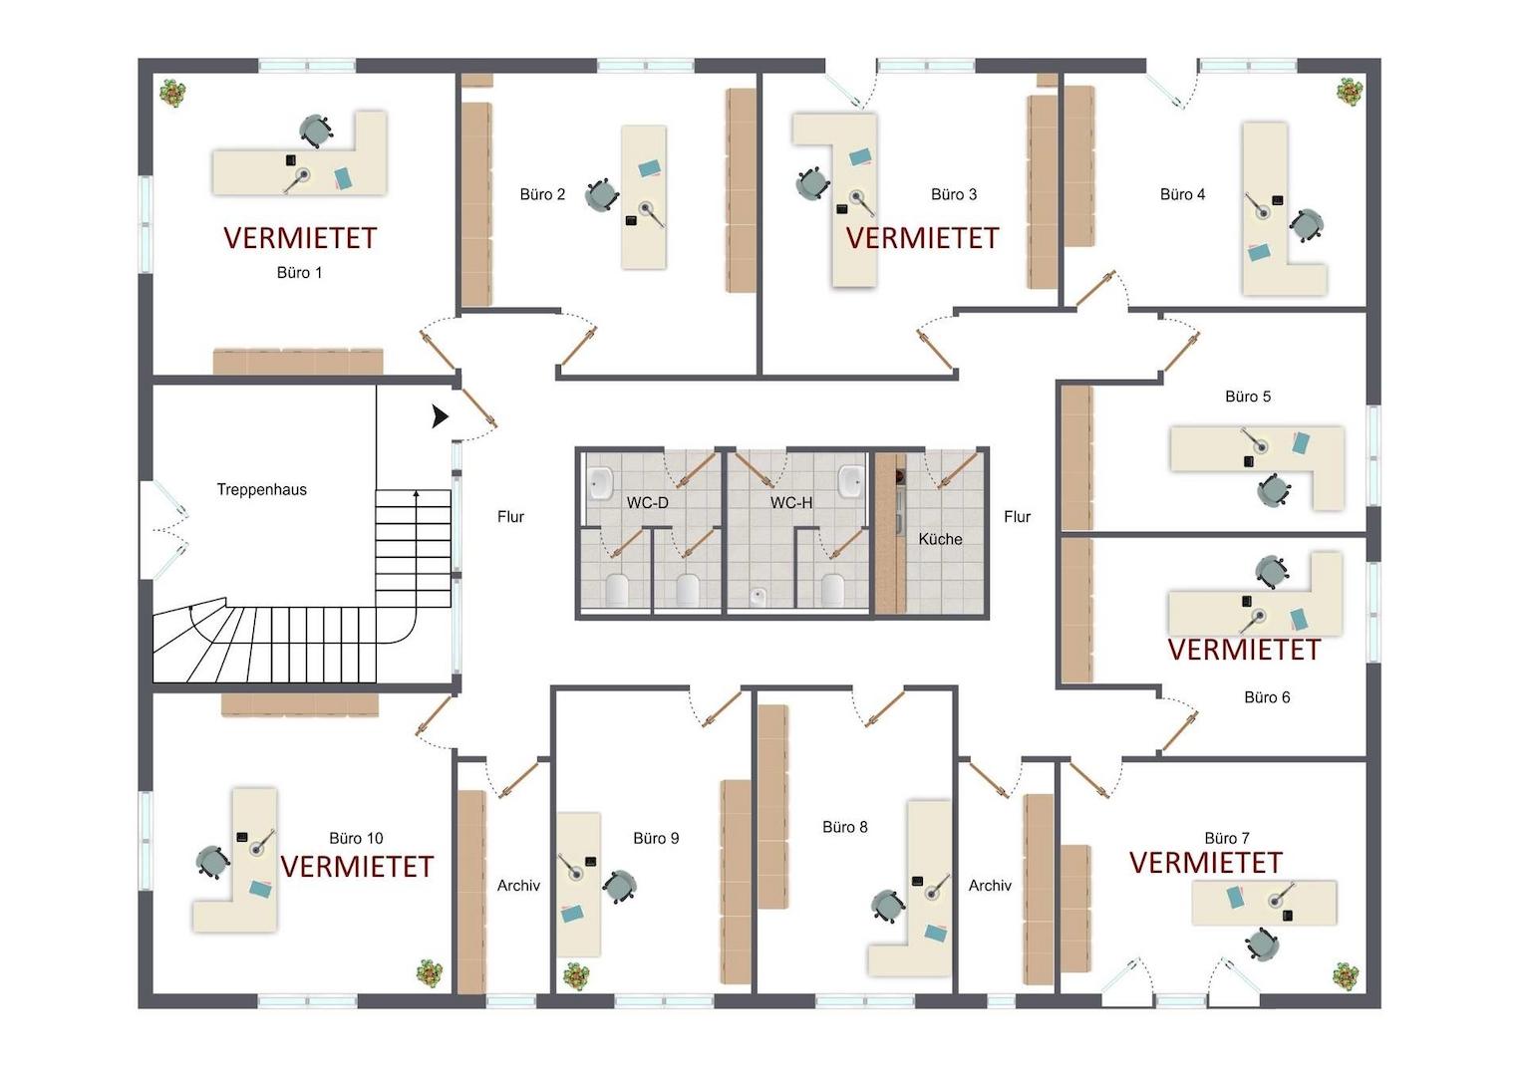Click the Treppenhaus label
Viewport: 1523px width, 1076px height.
[262, 489]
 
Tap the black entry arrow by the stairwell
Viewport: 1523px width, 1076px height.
[441, 416]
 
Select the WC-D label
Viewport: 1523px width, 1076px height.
[647, 503]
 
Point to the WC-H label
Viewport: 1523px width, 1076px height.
[791, 503]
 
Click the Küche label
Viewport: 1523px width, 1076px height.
[940, 539]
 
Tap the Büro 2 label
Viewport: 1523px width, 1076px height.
[542, 194]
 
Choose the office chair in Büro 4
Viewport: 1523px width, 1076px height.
[1307, 226]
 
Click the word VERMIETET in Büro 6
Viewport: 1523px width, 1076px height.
[1244, 650]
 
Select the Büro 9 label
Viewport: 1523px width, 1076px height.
[656, 838]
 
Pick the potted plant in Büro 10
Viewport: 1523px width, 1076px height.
[430, 972]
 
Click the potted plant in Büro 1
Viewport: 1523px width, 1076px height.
[173, 93]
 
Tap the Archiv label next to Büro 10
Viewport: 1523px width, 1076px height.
[518, 886]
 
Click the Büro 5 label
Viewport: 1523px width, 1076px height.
[1248, 397]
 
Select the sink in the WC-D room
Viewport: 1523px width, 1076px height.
[600, 483]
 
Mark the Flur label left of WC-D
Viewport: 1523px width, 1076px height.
[510, 517]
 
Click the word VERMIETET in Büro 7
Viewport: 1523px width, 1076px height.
[1206, 863]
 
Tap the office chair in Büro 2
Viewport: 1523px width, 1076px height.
[602, 195]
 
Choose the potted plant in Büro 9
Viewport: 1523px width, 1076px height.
[576, 976]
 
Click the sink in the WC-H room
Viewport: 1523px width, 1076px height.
[851, 480]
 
